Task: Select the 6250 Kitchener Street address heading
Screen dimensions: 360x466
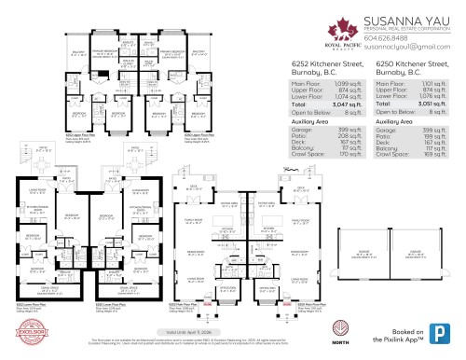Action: point(413,67)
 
